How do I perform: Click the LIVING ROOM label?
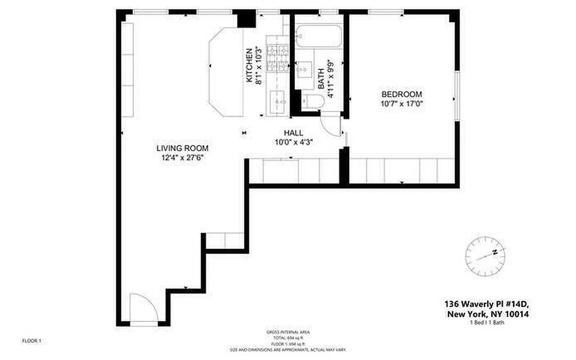click(182, 148)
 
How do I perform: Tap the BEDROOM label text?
click(402, 94)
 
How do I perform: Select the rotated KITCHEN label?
click(249, 65)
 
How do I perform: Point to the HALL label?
click(293, 133)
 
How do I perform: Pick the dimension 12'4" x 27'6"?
click(182, 157)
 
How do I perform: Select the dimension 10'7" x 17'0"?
click(402, 103)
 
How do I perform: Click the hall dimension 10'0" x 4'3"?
click(293, 142)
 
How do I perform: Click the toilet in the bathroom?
click(311, 103)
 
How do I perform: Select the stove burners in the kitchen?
click(277, 58)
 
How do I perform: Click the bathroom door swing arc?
click(331, 124)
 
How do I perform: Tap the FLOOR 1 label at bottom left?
click(32, 341)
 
